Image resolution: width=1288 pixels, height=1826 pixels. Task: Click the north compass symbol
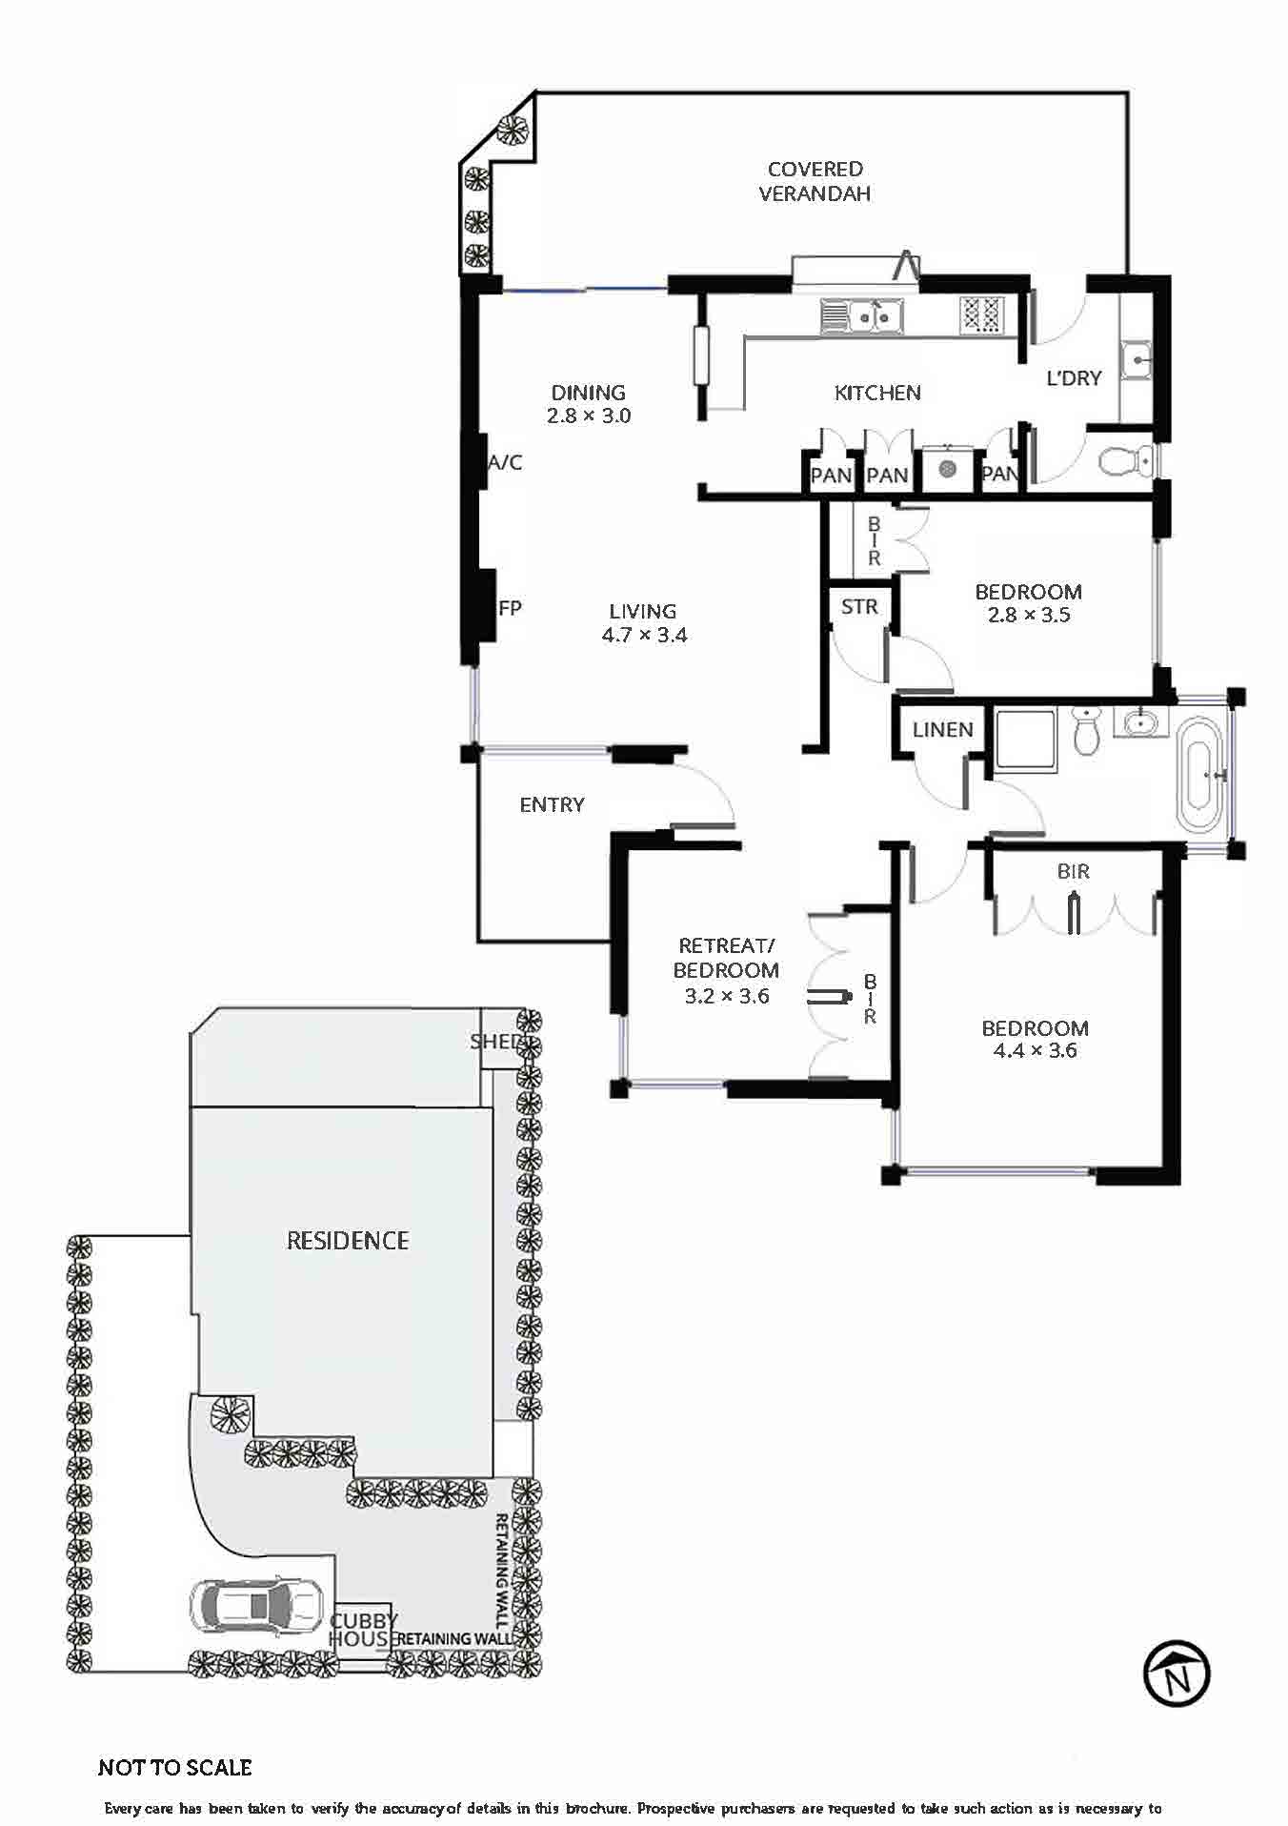tap(1177, 1674)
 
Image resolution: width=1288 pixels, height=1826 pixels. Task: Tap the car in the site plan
tap(255, 1606)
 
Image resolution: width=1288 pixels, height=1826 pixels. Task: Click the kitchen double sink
tap(861, 315)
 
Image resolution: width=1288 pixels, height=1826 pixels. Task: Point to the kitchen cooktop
tap(982, 314)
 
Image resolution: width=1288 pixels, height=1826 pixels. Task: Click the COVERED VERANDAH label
tap(815, 181)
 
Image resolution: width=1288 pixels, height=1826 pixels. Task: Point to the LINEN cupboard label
tap(943, 730)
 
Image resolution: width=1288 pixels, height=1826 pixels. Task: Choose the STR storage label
tap(859, 606)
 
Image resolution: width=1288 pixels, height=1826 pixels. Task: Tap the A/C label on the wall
tap(505, 463)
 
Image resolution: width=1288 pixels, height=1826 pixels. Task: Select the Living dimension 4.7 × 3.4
tap(645, 636)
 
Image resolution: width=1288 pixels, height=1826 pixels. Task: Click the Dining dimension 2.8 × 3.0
tap(589, 416)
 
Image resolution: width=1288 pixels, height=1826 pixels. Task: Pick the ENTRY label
tap(553, 805)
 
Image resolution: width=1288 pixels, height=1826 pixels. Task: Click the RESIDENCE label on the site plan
tap(348, 1241)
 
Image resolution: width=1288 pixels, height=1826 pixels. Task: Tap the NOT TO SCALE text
tap(175, 1768)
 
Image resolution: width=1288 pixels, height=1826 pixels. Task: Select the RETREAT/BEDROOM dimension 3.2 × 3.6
tap(727, 997)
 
